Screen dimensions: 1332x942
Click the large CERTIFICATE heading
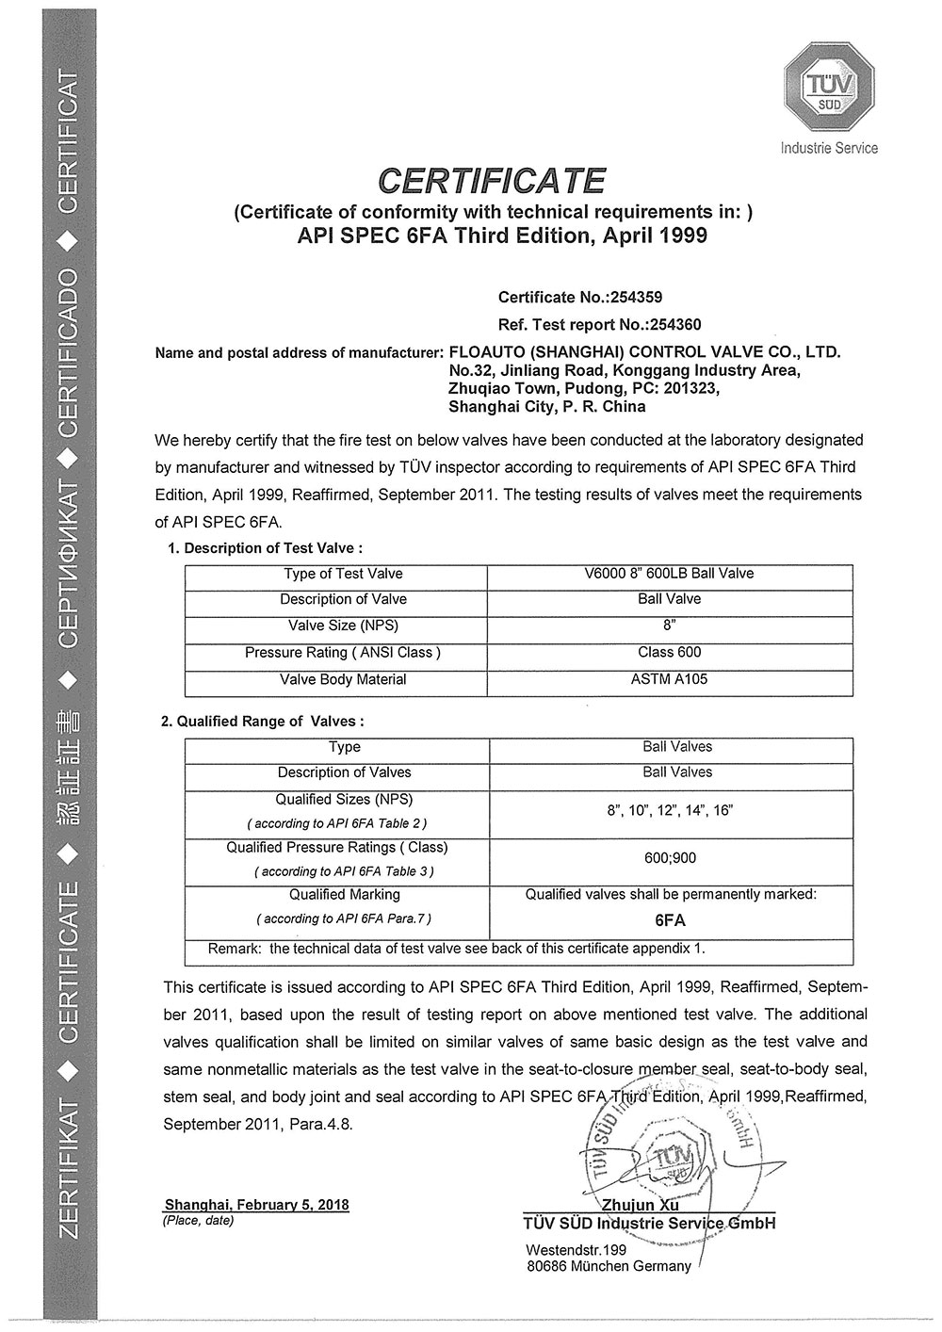click(492, 179)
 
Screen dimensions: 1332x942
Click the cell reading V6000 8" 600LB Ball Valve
click(669, 574)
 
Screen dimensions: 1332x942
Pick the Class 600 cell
click(669, 652)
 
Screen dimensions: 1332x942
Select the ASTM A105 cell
click(669, 679)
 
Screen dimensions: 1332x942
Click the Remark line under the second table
click(456, 949)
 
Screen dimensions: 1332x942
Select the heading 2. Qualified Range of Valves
click(262, 722)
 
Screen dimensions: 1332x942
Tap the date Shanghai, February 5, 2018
click(256, 1204)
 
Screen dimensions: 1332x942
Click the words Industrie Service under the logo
click(829, 148)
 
